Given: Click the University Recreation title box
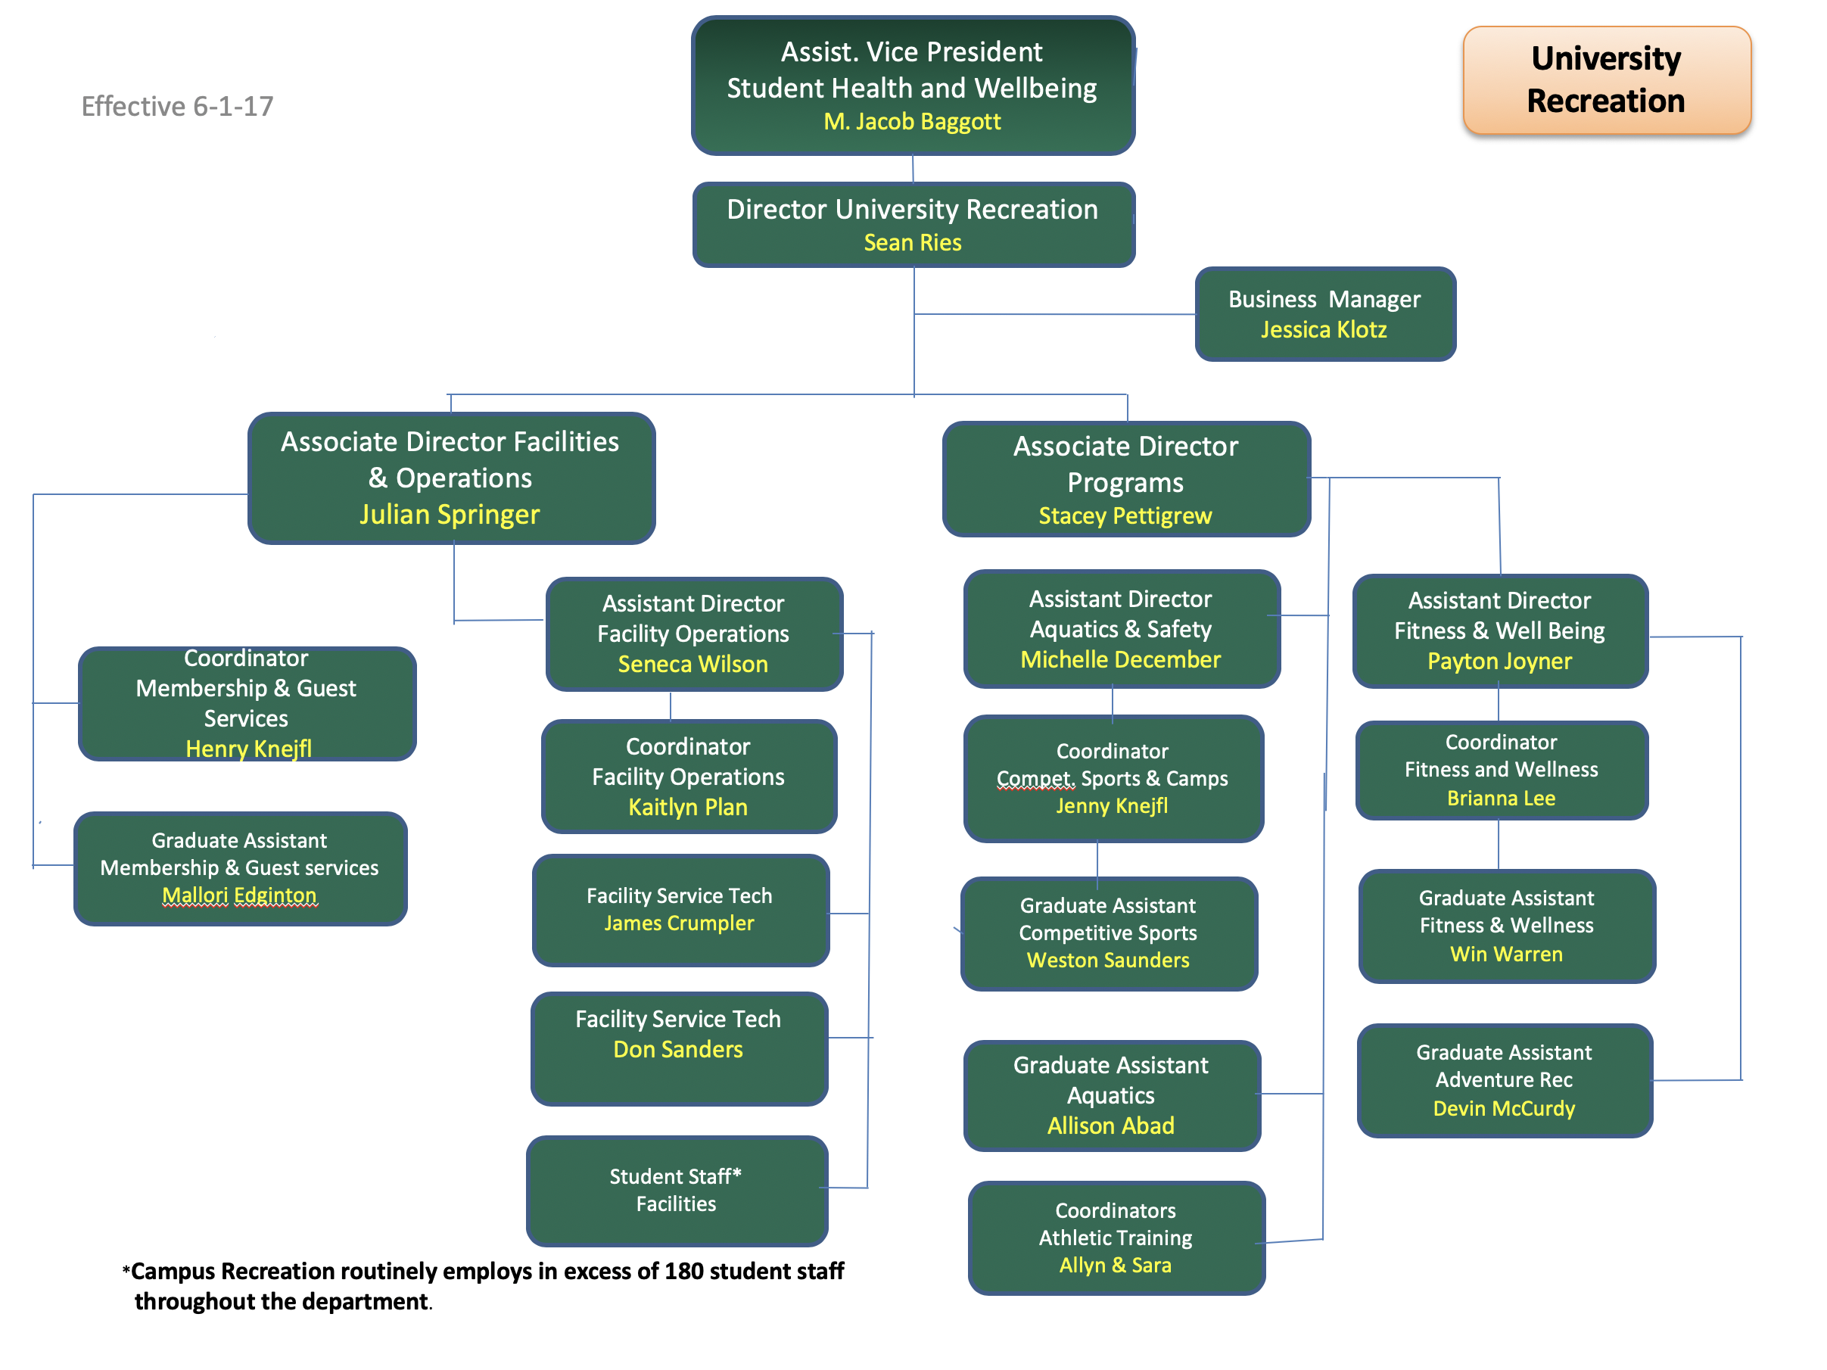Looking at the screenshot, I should (1606, 80).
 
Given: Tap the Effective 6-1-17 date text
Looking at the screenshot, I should (177, 107).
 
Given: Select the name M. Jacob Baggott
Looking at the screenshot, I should (912, 122).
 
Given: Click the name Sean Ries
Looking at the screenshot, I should (912, 243).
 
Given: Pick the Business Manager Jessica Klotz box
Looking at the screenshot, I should (1324, 314).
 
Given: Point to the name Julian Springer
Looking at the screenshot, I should (450, 515).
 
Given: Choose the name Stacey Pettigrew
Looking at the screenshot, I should (1124, 516).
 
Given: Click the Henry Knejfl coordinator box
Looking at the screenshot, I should (247, 704).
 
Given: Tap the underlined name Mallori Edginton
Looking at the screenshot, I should (239, 895).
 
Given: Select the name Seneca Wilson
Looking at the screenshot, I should (693, 664).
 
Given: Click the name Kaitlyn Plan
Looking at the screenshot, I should (687, 807).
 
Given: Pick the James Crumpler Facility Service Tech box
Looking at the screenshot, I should (680, 909).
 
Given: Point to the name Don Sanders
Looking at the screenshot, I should (677, 1050).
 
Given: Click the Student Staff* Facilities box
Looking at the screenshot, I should (677, 1190).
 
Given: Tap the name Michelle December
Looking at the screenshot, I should (1120, 660).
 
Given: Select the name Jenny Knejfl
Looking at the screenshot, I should (1112, 806).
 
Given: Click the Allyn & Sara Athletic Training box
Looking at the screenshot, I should (1115, 1238).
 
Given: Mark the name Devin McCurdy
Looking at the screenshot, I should (1503, 1109).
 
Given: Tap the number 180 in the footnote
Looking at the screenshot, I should (685, 1272).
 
